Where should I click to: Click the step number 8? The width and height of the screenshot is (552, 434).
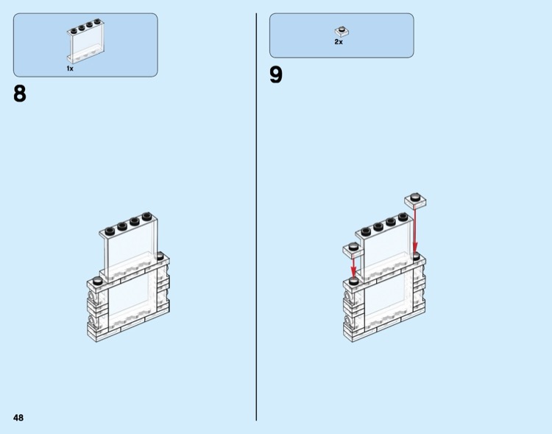[20, 94]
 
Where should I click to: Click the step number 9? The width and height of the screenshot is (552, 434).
[276, 74]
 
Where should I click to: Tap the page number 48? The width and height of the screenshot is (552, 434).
[18, 418]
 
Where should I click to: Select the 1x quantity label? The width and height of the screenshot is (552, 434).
[70, 69]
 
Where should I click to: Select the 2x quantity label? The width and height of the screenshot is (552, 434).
[339, 42]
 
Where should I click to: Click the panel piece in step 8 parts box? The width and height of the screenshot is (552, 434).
[85, 41]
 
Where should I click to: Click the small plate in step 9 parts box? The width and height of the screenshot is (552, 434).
[342, 32]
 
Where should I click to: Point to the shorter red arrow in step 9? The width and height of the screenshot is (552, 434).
[353, 266]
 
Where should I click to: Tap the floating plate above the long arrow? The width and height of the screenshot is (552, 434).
[416, 200]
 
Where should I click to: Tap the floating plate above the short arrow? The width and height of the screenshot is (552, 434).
[353, 249]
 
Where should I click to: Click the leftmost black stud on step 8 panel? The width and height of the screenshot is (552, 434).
[110, 231]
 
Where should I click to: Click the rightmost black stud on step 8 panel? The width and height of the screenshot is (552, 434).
[147, 216]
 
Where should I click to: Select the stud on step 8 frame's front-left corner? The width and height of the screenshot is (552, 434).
[97, 281]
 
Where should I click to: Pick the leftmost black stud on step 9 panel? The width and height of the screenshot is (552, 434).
[366, 231]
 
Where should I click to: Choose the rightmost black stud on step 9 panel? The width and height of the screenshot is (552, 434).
[403, 216]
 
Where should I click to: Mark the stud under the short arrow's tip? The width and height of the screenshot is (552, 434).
[353, 281]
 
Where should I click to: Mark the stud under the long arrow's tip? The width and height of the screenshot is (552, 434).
[416, 256]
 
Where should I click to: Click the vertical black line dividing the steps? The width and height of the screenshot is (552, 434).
[256, 217]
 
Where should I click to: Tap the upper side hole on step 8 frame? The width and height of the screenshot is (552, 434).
[92, 296]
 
